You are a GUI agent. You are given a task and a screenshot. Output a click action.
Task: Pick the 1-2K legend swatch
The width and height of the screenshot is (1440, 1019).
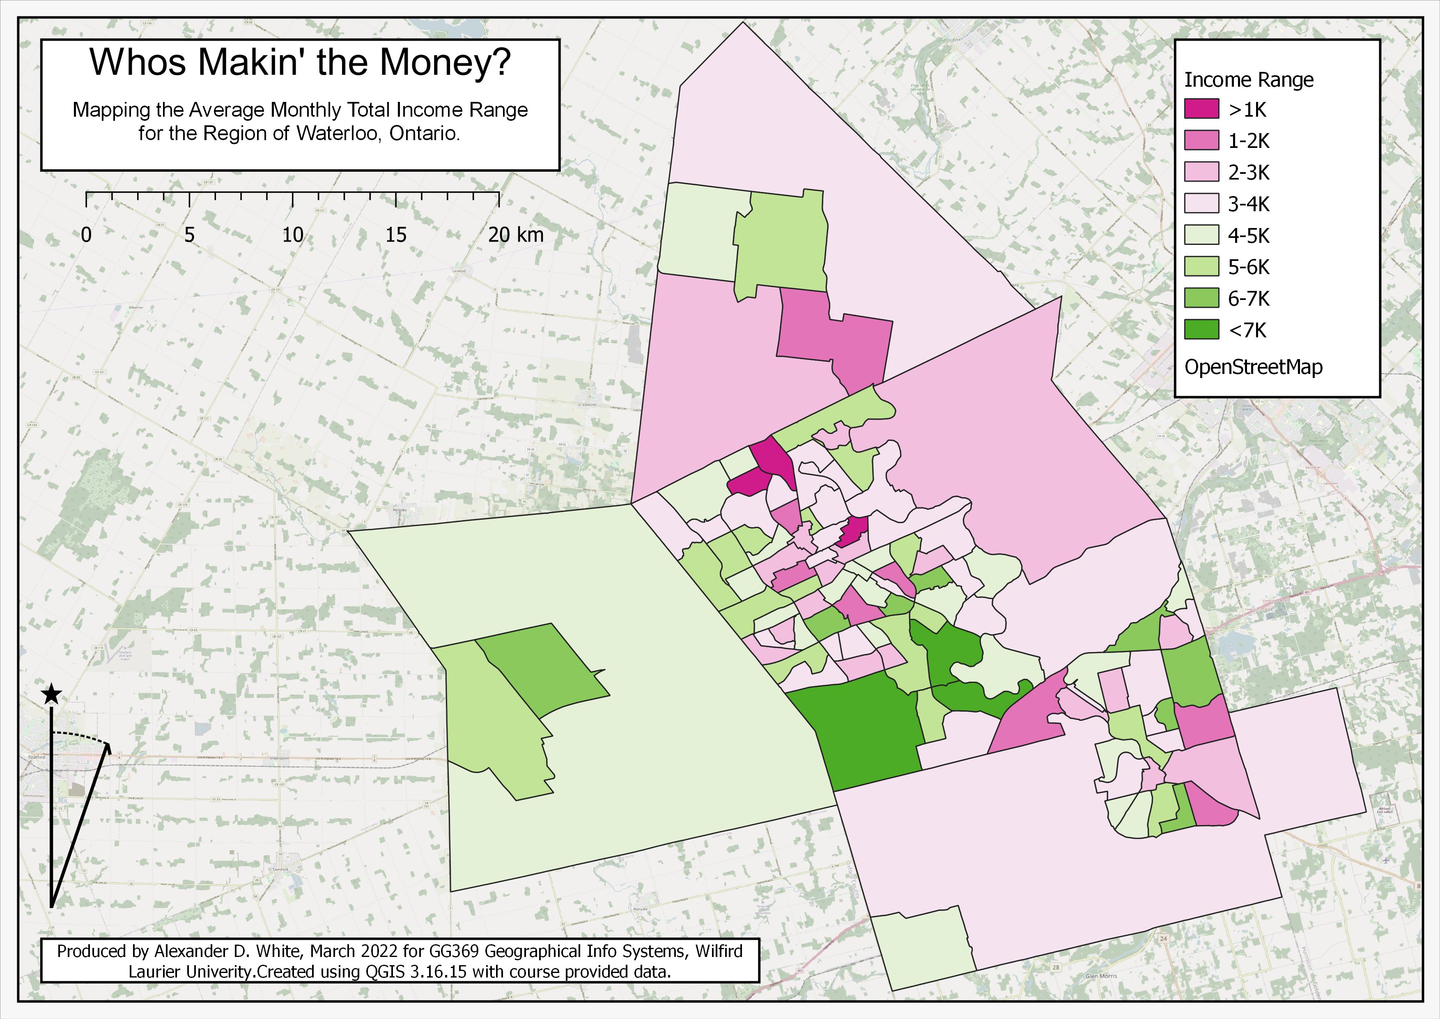click(1201, 141)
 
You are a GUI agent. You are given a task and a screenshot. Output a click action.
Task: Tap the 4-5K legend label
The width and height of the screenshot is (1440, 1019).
click(1248, 236)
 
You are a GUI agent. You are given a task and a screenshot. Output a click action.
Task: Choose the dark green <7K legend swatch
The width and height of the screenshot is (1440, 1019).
click(1201, 330)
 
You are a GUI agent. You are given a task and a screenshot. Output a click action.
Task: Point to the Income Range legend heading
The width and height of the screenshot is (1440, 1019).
click(1248, 80)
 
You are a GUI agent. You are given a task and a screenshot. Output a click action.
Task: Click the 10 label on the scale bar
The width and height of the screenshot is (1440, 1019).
click(292, 235)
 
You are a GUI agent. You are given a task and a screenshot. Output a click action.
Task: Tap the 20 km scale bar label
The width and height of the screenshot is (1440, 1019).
click(516, 235)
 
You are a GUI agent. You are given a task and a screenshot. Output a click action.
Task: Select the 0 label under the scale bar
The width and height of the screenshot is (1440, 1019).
click(87, 235)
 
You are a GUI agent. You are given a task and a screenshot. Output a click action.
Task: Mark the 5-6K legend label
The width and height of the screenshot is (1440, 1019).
click(1248, 267)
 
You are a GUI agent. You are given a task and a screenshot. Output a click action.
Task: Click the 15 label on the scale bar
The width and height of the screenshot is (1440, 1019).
click(396, 235)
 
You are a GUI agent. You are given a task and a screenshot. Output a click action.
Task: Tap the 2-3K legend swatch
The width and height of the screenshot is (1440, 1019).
click(1201, 172)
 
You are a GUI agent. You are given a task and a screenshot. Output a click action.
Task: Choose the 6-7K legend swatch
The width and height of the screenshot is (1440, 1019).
click(1201, 298)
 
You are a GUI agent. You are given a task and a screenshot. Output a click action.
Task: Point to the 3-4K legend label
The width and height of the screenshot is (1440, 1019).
click(1248, 204)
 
